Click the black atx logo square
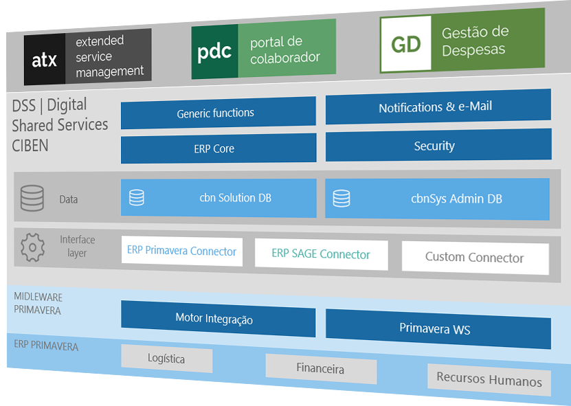(x=45, y=60)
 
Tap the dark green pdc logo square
(x=214, y=52)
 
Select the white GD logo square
(x=405, y=44)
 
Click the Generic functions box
(x=218, y=113)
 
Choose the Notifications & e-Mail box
(x=438, y=106)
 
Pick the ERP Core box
(x=218, y=148)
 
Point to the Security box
(x=438, y=145)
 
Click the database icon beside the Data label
(x=32, y=198)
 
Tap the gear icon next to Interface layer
(x=32, y=247)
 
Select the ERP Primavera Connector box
(x=182, y=251)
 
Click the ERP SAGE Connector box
(x=321, y=255)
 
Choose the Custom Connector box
(x=475, y=258)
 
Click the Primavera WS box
(x=438, y=328)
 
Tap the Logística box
(x=166, y=358)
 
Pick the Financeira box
(x=320, y=368)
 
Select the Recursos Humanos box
(x=489, y=380)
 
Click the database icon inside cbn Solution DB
(x=137, y=197)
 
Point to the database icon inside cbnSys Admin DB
(x=342, y=199)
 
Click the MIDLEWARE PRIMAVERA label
(x=38, y=304)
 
